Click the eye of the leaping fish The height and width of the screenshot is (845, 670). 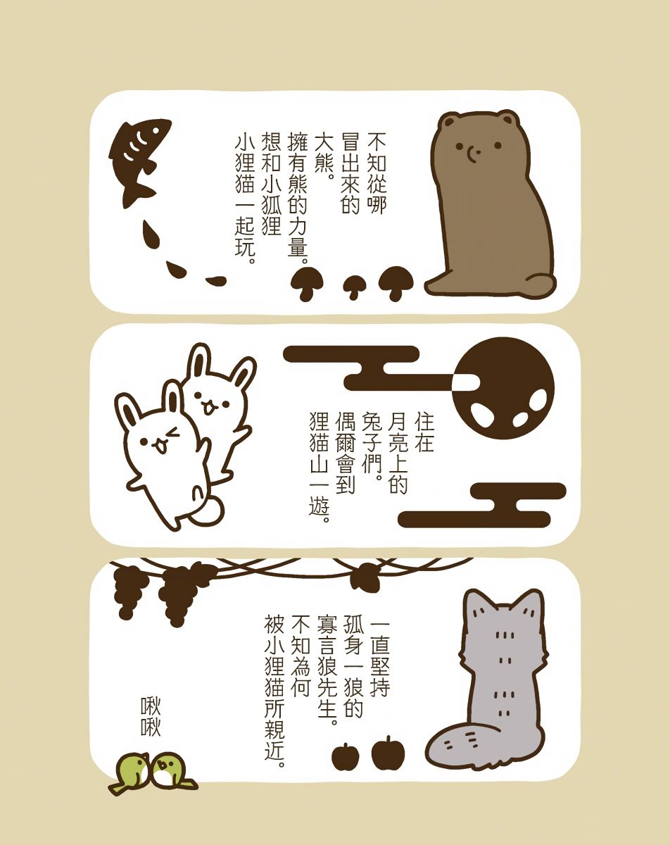tap(157, 130)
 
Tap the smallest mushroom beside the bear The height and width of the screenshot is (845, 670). tap(355, 287)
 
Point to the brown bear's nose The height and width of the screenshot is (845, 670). tap(472, 152)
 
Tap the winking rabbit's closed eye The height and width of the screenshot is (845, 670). tap(172, 434)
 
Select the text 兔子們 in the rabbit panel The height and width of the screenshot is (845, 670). tap(373, 435)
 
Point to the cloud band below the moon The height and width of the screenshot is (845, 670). tap(483, 505)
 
